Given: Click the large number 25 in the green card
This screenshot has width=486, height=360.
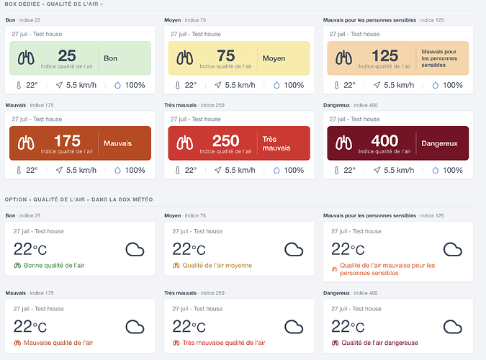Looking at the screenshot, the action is tap(67, 56).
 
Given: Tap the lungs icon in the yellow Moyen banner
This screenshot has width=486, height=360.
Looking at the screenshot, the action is tap(185, 58).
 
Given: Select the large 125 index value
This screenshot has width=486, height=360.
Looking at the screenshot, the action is tap(384, 56).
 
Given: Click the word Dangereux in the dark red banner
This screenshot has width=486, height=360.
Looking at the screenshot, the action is tap(439, 143).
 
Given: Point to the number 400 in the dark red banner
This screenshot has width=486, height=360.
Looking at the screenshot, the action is tap(384, 141).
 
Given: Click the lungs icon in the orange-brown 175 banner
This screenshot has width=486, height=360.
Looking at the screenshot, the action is tap(26, 143).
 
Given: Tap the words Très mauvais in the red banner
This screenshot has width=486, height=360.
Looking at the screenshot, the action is tap(276, 143).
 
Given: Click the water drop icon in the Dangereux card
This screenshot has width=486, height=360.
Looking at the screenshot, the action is tap(436, 170).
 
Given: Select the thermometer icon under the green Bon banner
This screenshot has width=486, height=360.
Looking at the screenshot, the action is tap(19, 85).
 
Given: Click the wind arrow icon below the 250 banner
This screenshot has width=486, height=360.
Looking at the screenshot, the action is tap(218, 170).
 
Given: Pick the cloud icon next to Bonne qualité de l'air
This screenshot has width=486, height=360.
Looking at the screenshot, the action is tap(135, 250).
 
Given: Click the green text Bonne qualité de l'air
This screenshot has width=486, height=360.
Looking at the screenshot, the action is tap(54, 266).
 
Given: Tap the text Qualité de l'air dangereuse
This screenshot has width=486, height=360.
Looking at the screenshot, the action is tap(379, 343).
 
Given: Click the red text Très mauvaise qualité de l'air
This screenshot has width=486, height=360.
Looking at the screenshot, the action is tap(224, 343).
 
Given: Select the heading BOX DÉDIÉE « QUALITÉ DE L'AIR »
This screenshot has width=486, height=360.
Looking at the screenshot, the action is tap(53, 4).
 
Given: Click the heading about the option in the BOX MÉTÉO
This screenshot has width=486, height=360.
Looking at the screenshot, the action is tap(78, 199).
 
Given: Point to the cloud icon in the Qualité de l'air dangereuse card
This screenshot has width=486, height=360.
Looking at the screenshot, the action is tap(453, 327).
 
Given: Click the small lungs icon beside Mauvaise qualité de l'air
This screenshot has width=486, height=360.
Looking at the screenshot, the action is tap(17, 343).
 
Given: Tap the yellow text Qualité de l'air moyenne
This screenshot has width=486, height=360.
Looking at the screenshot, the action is tap(217, 266).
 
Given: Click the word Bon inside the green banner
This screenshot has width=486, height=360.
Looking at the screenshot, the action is tap(110, 58).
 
